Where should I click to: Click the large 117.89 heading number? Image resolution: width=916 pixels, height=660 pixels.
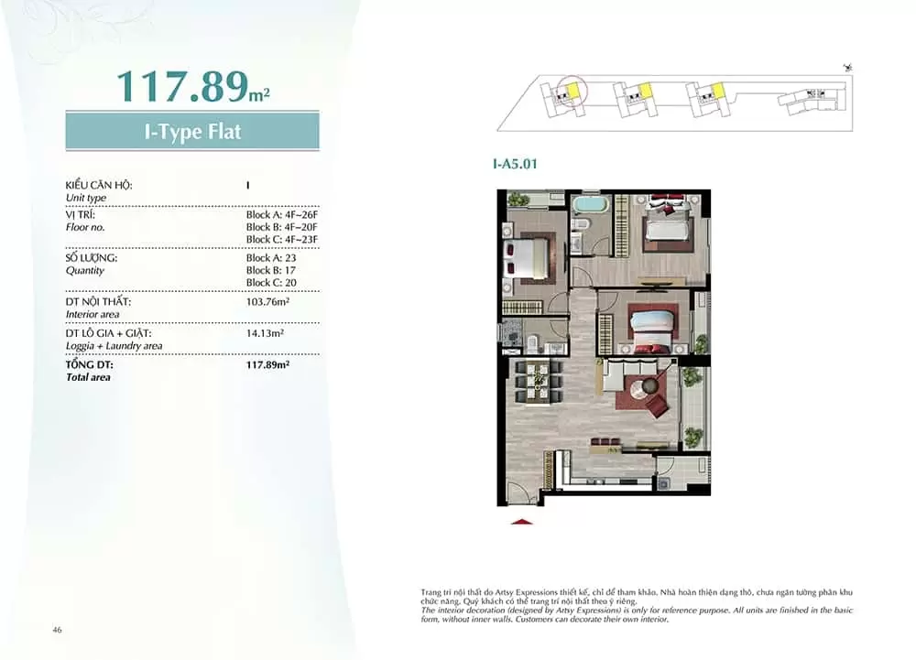(x=183, y=87)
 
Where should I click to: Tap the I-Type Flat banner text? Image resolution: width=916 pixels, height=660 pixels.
(x=192, y=131)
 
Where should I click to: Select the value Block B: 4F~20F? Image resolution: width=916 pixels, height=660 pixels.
(x=281, y=227)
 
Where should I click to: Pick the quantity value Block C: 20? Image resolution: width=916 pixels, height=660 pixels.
(x=271, y=283)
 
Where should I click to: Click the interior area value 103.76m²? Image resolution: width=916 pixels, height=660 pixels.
(x=267, y=302)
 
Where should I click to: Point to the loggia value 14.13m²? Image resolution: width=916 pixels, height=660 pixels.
(x=265, y=333)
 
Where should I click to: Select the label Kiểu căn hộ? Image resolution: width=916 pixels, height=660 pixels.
(x=99, y=185)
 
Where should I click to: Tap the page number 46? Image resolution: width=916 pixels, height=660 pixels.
(x=57, y=630)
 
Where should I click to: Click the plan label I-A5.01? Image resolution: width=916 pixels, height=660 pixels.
(x=515, y=164)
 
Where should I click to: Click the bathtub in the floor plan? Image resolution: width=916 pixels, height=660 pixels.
(x=591, y=206)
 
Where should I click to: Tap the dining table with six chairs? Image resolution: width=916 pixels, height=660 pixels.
(x=537, y=383)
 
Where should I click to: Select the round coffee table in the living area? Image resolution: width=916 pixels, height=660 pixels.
(x=649, y=387)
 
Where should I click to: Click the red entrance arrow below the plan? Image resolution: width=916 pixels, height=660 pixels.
(x=522, y=522)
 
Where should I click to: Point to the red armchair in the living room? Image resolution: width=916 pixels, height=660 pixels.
(x=658, y=405)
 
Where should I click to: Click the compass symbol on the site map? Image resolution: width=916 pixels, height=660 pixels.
(x=847, y=68)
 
